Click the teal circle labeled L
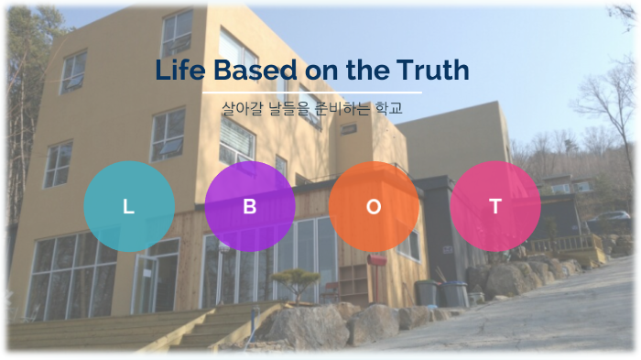pyautogui.click(x=129, y=207)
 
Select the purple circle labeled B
pyautogui.click(x=250, y=207)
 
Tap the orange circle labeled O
pyautogui.click(x=374, y=207)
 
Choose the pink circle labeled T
pyautogui.click(x=495, y=207)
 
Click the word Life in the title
pyautogui.click(x=178, y=71)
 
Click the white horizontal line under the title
pyautogui.click(x=312, y=93)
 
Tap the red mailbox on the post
pyautogui.click(x=377, y=261)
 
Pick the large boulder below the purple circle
pyautogui.click(x=303, y=325)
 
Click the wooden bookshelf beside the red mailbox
pyautogui.click(x=353, y=280)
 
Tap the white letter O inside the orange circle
pyautogui.click(x=374, y=207)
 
